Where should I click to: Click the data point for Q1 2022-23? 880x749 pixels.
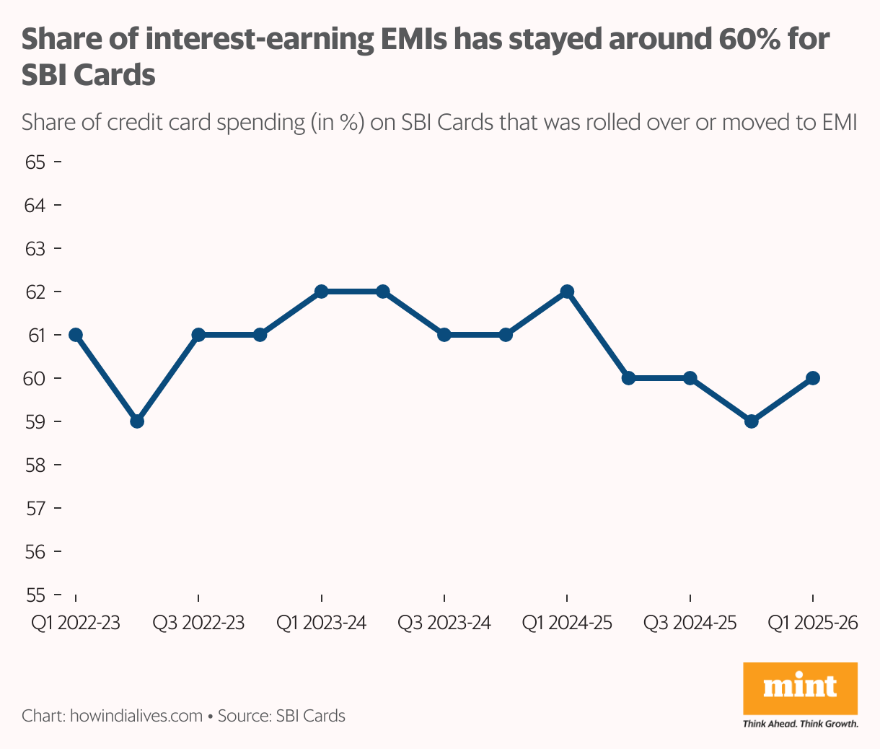(x=76, y=335)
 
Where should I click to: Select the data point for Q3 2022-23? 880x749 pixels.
(x=199, y=335)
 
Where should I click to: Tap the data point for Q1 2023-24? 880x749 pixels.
(x=322, y=292)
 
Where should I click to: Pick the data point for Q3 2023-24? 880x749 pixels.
(x=444, y=335)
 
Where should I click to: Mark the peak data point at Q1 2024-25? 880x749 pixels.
(x=567, y=292)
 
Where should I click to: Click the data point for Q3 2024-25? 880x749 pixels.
(x=690, y=378)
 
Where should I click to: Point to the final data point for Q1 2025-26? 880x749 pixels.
(x=813, y=378)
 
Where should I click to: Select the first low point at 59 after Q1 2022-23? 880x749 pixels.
(x=137, y=421)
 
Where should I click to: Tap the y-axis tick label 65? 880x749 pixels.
(x=35, y=162)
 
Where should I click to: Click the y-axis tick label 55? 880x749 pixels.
(x=35, y=595)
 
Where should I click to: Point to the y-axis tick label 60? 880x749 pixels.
(x=35, y=378)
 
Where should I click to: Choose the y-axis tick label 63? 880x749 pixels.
(x=35, y=248)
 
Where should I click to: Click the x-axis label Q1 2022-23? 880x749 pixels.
(x=76, y=623)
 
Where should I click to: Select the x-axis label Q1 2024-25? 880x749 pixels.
(x=567, y=623)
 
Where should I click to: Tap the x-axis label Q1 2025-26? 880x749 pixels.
(x=813, y=623)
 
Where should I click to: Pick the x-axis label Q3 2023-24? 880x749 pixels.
(x=444, y=623)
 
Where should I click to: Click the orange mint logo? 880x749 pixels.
(x=800, y=688)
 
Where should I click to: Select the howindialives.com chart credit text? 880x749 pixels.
(x=136, y=716)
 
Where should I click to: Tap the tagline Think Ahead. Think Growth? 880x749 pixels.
(x=800, y=723)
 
